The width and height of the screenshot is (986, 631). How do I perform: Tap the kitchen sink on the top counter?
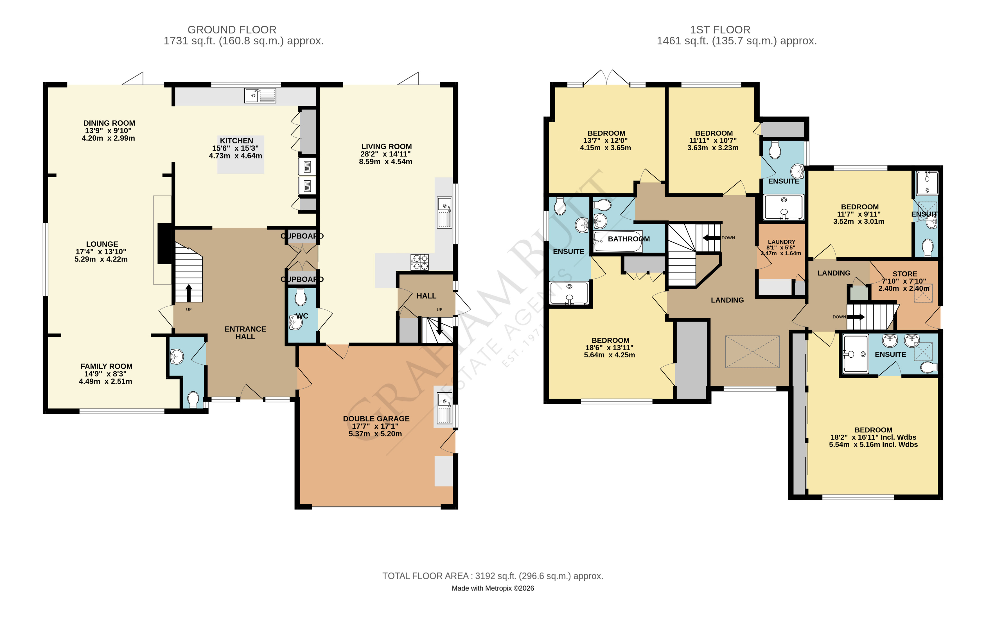[260, 96]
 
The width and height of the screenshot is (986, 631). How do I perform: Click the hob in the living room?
[419, 262]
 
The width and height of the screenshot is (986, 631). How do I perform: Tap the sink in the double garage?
[445, 408]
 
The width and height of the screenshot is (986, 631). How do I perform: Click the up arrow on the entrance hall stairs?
[189, 293]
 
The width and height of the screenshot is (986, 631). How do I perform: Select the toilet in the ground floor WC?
[301, 298]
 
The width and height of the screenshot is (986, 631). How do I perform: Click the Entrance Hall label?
[245, 333]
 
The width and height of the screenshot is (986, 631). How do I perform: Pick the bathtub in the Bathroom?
[618, 242]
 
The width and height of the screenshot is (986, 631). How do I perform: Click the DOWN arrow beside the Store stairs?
[856, 317]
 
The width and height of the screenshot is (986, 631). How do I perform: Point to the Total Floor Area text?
[493, 576]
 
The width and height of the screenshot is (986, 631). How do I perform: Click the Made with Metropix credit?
[493, 588]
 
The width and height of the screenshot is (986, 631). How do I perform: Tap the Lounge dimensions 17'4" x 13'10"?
[101, 251]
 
